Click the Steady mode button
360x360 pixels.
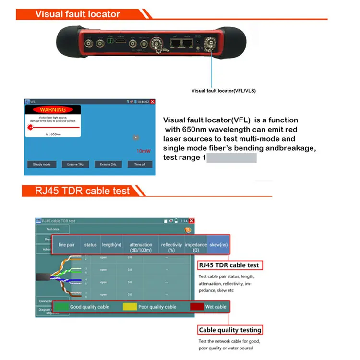point(41,164)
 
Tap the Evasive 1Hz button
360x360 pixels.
point(75,164)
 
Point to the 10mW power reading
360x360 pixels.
point(143,151)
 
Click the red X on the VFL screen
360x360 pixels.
point(152,102)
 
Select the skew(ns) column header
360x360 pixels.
point(218,245)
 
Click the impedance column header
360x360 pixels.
point(196,247)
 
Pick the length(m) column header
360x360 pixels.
point(111,245)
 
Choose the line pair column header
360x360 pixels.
point(66,245)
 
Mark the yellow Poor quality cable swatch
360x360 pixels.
point(130,307)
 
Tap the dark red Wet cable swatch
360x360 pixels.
point(197,307)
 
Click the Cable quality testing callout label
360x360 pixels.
point(230,330)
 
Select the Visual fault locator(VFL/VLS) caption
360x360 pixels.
point(224,91)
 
